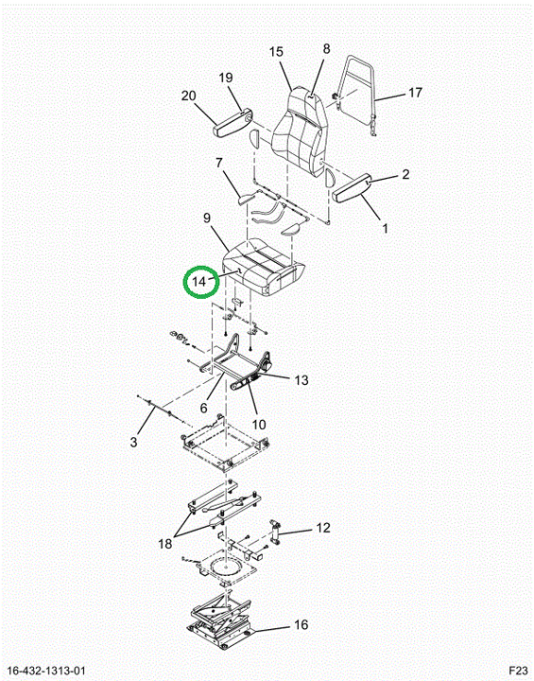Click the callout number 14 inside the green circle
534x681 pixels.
point(199,282)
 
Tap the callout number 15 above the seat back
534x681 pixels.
point(276,52)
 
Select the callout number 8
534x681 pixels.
point(326,48)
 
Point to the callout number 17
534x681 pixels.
point(415,93)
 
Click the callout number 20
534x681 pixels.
point(188,96)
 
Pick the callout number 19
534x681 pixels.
point(226,78)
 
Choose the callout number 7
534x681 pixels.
point(219,164)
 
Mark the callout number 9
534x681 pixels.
point(207,218)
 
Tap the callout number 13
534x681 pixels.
point(301,380)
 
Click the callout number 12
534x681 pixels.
point(323,528)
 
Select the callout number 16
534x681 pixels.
point(301,624)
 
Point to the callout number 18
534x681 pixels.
point(165,543)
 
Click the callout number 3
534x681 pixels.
point(133,442)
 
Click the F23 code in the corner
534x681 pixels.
point(518,670)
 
